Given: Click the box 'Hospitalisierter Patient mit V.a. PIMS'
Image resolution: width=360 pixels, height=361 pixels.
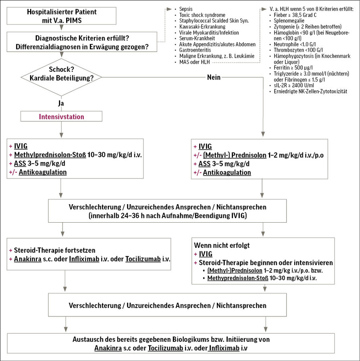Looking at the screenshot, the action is pos(61,16).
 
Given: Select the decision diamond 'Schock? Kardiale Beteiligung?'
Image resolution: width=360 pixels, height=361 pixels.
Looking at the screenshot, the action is pos(61,77).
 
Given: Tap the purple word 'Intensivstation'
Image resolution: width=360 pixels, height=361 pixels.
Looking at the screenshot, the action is pos(61,116).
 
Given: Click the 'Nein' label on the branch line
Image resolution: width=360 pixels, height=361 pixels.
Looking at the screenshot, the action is pos(214,77).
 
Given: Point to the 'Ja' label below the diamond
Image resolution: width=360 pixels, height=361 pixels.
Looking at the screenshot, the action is pos(61,103).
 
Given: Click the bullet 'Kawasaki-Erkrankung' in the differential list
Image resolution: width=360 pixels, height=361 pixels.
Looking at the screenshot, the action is pos(202,27).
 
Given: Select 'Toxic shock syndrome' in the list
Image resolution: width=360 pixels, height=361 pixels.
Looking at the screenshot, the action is pos(202,15).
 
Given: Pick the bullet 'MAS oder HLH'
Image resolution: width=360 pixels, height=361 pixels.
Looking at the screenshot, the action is pos(194,62).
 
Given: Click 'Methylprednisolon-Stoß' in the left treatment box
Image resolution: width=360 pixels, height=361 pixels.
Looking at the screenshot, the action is pos(50,155).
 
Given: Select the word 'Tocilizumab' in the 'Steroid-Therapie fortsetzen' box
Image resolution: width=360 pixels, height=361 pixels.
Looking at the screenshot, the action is pos(143,259).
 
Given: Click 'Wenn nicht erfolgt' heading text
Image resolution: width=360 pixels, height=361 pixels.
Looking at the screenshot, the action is pos(222,245).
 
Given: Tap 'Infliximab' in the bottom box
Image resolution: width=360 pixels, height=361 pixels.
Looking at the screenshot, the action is pos(224,348).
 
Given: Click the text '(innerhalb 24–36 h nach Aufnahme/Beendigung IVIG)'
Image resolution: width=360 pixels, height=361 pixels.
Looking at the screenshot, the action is pos(168,216).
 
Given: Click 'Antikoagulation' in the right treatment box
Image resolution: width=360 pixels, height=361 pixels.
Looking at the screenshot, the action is pos(227,172).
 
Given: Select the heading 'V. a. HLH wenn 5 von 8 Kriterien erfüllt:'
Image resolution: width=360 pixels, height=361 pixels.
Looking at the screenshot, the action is pos(311,9).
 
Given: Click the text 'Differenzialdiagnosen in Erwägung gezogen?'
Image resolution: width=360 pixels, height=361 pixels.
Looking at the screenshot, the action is pos(82,47).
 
